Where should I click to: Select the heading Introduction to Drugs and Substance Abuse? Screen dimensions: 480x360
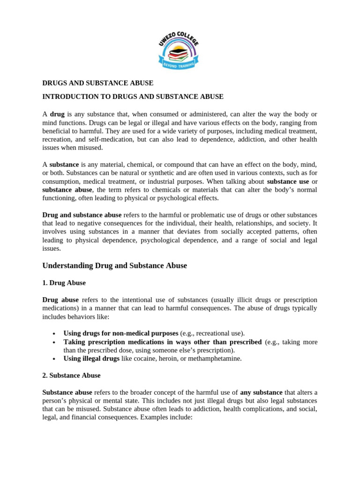[133, 97]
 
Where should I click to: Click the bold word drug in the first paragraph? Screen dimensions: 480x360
[57, 114]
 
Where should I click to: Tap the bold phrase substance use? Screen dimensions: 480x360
[288, 181]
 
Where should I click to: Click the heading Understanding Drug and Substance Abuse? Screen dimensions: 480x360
[114, 266]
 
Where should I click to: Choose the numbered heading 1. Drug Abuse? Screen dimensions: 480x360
[64, 283]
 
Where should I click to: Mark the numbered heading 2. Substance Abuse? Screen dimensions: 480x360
[71, 375]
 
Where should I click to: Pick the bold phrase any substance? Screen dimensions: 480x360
[262, 392]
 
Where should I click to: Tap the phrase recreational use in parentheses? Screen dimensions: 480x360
[219, 333]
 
